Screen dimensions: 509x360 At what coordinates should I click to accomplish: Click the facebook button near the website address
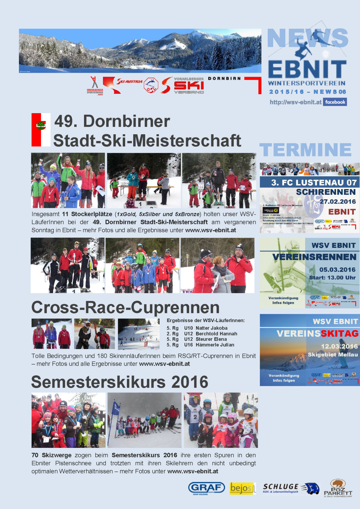(x=335, y=102)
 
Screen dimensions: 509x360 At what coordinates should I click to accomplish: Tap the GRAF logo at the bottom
(x=206, y=488)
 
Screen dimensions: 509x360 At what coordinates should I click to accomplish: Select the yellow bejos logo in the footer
(x=242, y=488)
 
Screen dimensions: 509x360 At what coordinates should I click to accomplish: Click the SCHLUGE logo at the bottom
(x=290, y=488)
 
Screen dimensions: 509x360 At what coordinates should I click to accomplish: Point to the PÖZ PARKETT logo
(x=338, y=488)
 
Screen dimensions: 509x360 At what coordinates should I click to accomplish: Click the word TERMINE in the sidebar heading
(x=306, y=150)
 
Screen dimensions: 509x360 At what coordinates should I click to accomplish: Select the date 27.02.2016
(x=337, y=201)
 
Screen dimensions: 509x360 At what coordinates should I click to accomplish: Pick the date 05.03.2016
(x=337, y=270)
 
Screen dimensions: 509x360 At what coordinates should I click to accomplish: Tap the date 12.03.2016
(x=339, y=346)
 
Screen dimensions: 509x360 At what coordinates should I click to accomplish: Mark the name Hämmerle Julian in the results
(x=215, y=345)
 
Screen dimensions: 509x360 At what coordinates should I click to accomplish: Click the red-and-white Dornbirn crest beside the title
(x=41, y=129)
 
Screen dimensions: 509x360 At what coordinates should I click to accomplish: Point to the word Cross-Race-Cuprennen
(x=126, y=308)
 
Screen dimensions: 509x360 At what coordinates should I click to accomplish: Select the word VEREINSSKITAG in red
(x=317, y=334)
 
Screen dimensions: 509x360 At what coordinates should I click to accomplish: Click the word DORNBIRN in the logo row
(x=224, y=78)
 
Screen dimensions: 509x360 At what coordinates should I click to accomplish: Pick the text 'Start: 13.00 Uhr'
(x=332, y=278)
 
